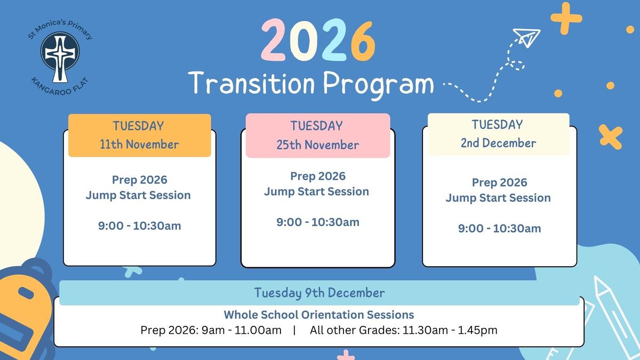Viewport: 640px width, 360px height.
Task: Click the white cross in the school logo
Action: pyautogui.click(x=60, y=57)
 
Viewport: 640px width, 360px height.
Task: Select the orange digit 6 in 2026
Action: pyautogui.click(x=363, y=41)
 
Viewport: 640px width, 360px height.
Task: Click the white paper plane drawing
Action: pyautogui.click(x=526, y=38)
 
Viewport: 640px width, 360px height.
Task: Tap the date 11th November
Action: pyautogui.click(x=139, y=145)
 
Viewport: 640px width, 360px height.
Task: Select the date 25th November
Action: pyautogui.click(x=318, y=145)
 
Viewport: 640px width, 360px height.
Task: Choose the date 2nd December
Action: pyautogui.click(x=498, y=143)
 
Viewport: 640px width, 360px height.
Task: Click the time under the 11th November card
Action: pyautogui.click(x=139, y=226)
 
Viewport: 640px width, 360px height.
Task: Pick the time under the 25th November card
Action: pyautogui.click(x=318, y=222)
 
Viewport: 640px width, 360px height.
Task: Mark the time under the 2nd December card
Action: pyautogui.click(x=499, y=228)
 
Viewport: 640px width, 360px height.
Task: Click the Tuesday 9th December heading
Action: pyautogui.click(x=319, y=293)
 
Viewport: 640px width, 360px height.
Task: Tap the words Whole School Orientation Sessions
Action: pyautogui.click(x=319, y=315)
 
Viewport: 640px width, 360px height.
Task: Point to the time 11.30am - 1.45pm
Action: pyautogui.click(x=450, y=330)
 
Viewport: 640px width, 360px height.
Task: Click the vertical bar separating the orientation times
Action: pyautogui.click(x=294, y=330)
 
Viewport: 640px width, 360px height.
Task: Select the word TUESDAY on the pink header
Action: pyautogui.click(x=317, y=126)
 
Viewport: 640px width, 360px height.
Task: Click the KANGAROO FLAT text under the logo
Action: pyautogui.click(x=59, y=87)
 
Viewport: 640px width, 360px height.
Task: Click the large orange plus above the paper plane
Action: pyautogui.click(x=566, y=19)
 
